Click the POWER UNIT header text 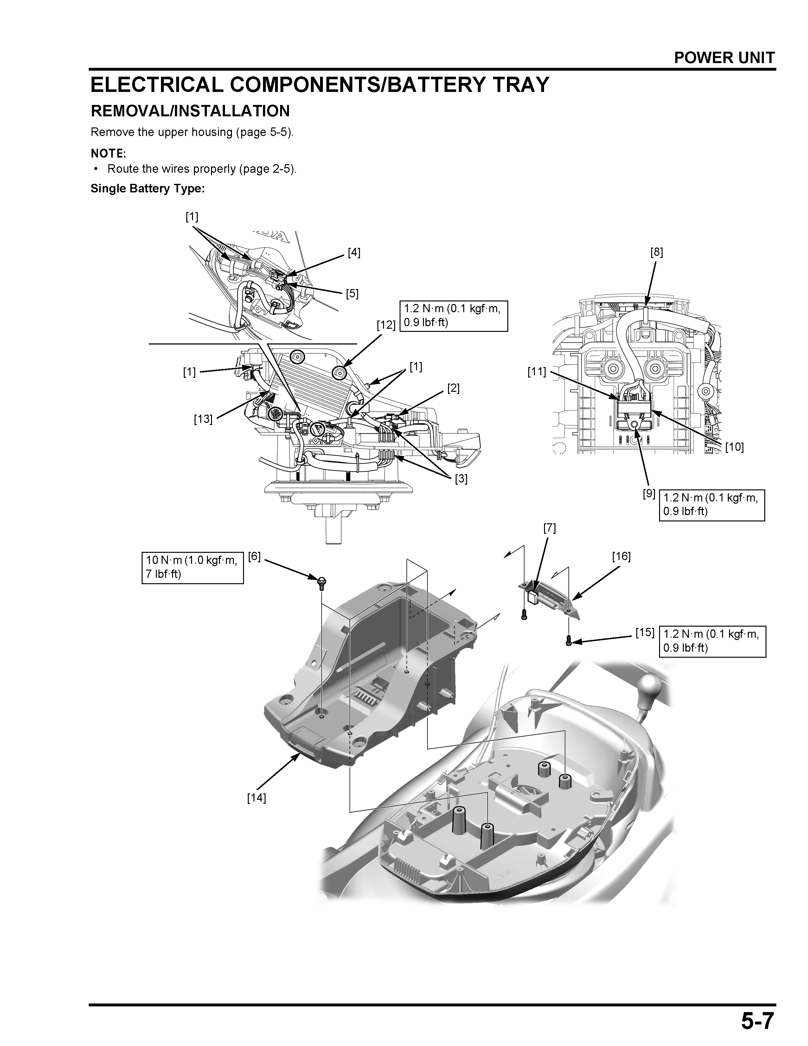pos(724,58)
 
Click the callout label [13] pos(203,419)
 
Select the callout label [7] pos(549,528)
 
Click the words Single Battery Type pos(147,189)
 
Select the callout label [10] pos(734,447)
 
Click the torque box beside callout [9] pos(711,505)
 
